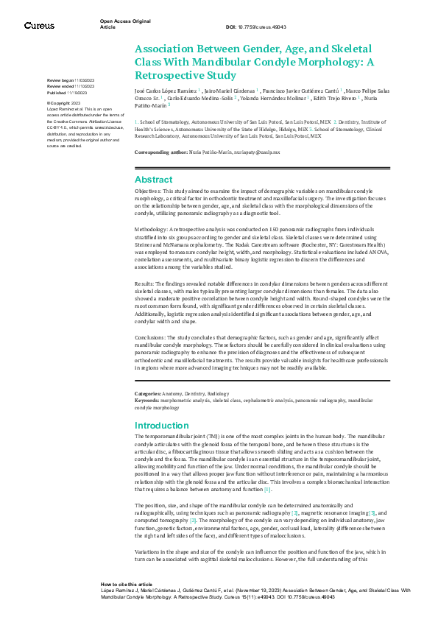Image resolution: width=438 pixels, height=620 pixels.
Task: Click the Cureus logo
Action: [39, 26]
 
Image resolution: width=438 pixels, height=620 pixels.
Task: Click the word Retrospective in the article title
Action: [166, 75]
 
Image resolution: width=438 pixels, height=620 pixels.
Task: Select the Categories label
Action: [147, 395]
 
